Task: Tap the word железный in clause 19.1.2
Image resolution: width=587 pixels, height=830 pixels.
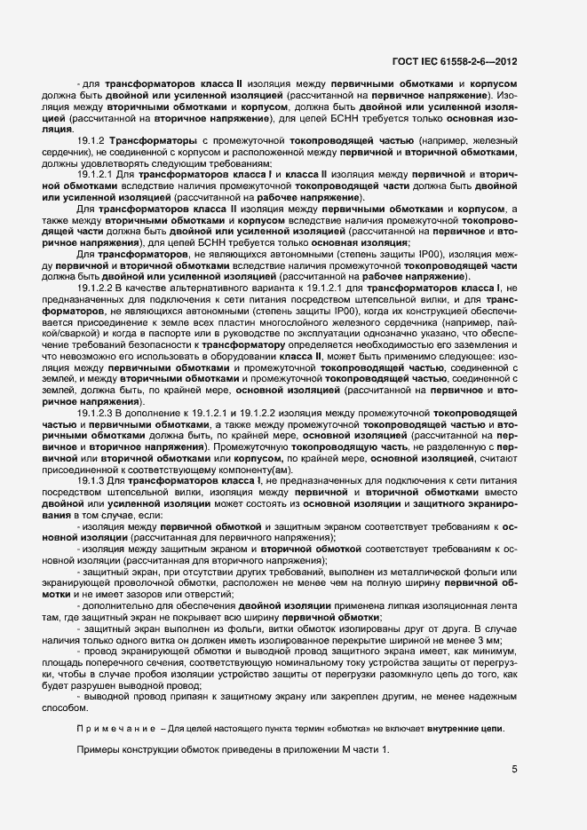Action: pyautogui.click(x=494, y=142)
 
